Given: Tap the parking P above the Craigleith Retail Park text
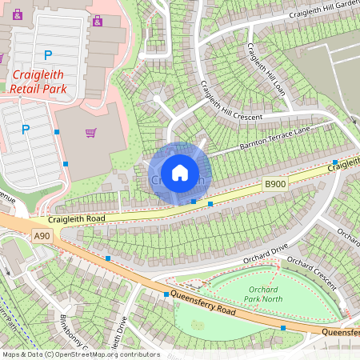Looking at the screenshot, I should click(x=48, y=55).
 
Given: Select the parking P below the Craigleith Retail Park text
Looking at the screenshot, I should click(x=26, y=129).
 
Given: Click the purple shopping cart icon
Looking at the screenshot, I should click(x=91, y=133).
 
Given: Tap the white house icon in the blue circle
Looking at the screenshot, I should click(x=180, y=173).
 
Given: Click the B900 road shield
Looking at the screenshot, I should click(x=275, y=184).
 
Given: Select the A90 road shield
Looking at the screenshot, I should click(x=42, y=235).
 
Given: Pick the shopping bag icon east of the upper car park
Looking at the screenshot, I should click(x=98, y=21).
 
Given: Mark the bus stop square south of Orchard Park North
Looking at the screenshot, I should click(x=283, y=328).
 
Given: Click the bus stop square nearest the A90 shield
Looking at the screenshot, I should click(x=108, y=258).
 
